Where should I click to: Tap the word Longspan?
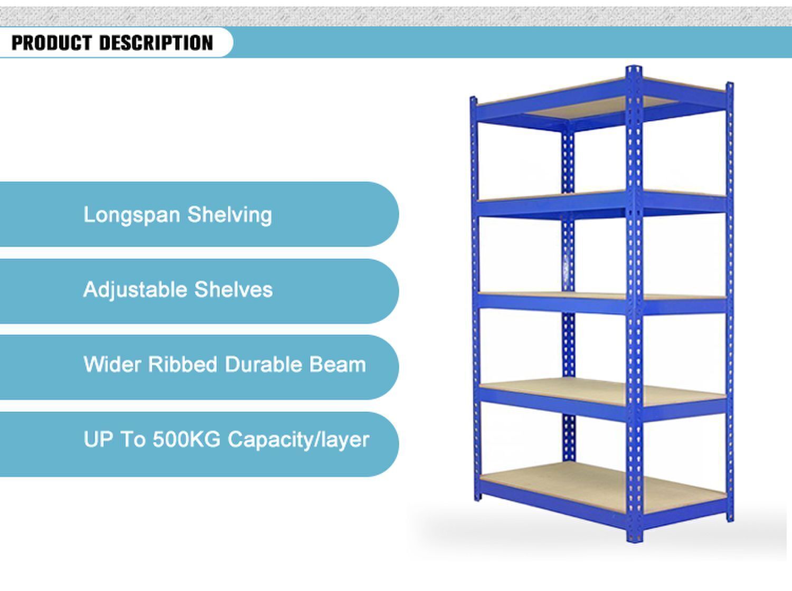pyautogui.click(x=132, y=215)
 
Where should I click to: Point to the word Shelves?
pyautogui.click(x=233, y=290)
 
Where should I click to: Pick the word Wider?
pyautogui.click(x=112, y=365)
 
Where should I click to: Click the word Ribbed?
pyautogui.click(x=183, y=365)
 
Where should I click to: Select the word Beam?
pyautogui.click(x=337, y=365)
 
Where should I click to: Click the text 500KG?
pyautogui.click(x=186, y=440)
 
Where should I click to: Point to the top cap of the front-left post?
pyautogui.click(x=474, y=99)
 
